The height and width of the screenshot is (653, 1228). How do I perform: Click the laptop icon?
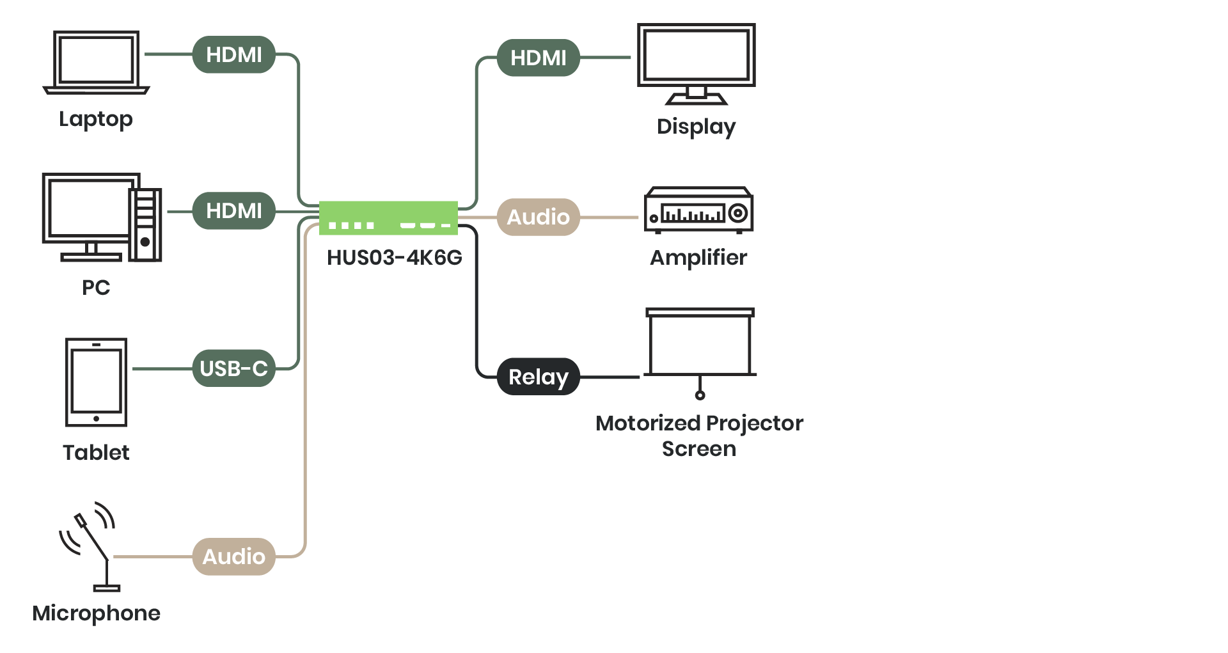point(97,62)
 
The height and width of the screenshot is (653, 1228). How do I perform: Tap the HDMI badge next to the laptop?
point(233,55)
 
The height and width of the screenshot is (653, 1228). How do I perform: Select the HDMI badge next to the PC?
point(233,211)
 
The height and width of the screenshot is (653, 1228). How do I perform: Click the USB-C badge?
point(233,369)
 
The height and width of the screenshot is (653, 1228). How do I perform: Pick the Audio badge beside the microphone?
point(233,556)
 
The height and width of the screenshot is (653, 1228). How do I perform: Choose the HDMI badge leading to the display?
point(538,58)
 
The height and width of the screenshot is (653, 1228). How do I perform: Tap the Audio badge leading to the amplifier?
point(538,217)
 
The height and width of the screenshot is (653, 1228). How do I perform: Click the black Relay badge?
point(538,377)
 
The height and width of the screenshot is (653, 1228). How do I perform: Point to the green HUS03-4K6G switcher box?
point(388,217)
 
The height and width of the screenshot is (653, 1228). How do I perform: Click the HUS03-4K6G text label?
point(394,257)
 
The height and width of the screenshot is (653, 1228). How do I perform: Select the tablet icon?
point(96,382)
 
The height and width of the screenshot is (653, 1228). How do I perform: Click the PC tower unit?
point(146,224)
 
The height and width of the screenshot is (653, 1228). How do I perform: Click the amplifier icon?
point(698,210)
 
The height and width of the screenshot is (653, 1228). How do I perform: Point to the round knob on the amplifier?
point(738,212)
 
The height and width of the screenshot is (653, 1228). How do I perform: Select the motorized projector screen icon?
point(700,349)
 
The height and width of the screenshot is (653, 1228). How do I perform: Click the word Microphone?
point(96,613)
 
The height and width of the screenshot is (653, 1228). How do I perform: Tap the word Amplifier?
point(698,257)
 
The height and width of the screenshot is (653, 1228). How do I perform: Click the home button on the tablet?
point(96,419)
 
